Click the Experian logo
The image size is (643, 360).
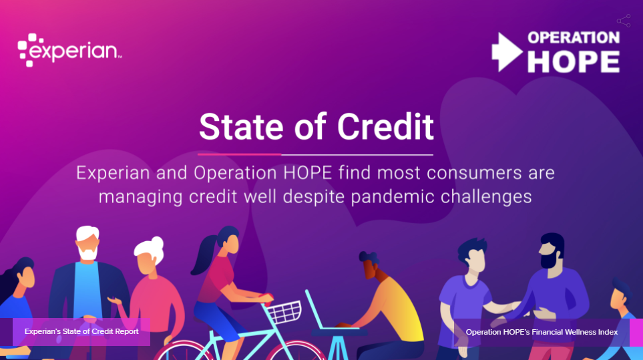point(69,50)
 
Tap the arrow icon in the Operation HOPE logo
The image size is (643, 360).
point(507,52)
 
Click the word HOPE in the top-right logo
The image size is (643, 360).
point(574,62)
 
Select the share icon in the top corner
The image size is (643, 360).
point(624,21)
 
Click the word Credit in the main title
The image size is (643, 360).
point(385,127)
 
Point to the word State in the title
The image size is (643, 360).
point(241,127)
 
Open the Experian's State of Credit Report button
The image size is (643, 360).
point(81,332)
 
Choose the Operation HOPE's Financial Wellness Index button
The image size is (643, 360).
point(542,332)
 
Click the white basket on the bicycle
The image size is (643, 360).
point(284,311)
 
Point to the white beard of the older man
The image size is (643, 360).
point(87,252)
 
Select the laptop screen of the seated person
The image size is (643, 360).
point(314,309)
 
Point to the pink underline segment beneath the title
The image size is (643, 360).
point(240,154)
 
